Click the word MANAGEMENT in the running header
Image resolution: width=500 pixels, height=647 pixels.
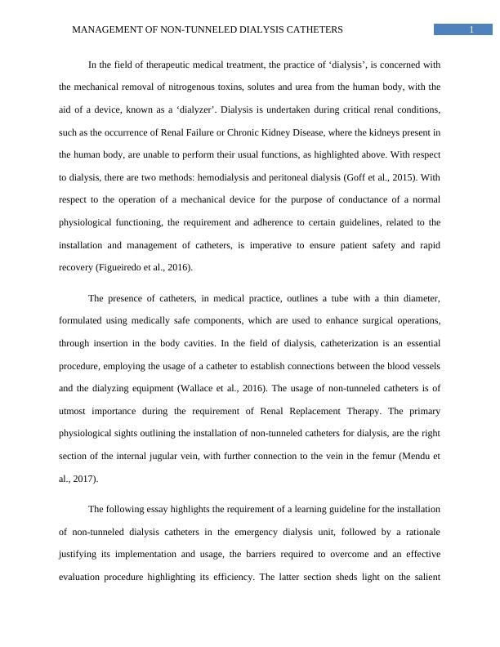click(x=102, y=29)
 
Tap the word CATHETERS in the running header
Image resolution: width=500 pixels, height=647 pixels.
click(x=312, y=29)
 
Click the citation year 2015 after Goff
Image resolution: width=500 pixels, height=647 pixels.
click(x=387, y=176)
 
